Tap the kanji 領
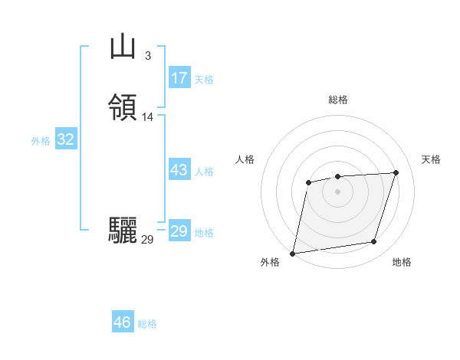(123, 108)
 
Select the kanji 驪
(123, 230)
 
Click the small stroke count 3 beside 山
(147, 55)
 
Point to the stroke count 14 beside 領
(148, 117)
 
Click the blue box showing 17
(179, 78)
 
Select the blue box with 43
(179, 170)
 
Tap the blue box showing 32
(66, 139)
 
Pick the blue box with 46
(123, 322)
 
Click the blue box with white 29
(179, 231)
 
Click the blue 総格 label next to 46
(148, 324)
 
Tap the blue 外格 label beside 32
(41, 141)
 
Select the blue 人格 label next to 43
(205, 172)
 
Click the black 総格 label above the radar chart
(338, 100)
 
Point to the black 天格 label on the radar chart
(432, 159)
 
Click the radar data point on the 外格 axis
(293, 253)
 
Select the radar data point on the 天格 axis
(396, 172)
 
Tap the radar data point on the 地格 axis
(374, 242)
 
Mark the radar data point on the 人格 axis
(308, 182)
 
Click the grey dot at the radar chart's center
(338, 191)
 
